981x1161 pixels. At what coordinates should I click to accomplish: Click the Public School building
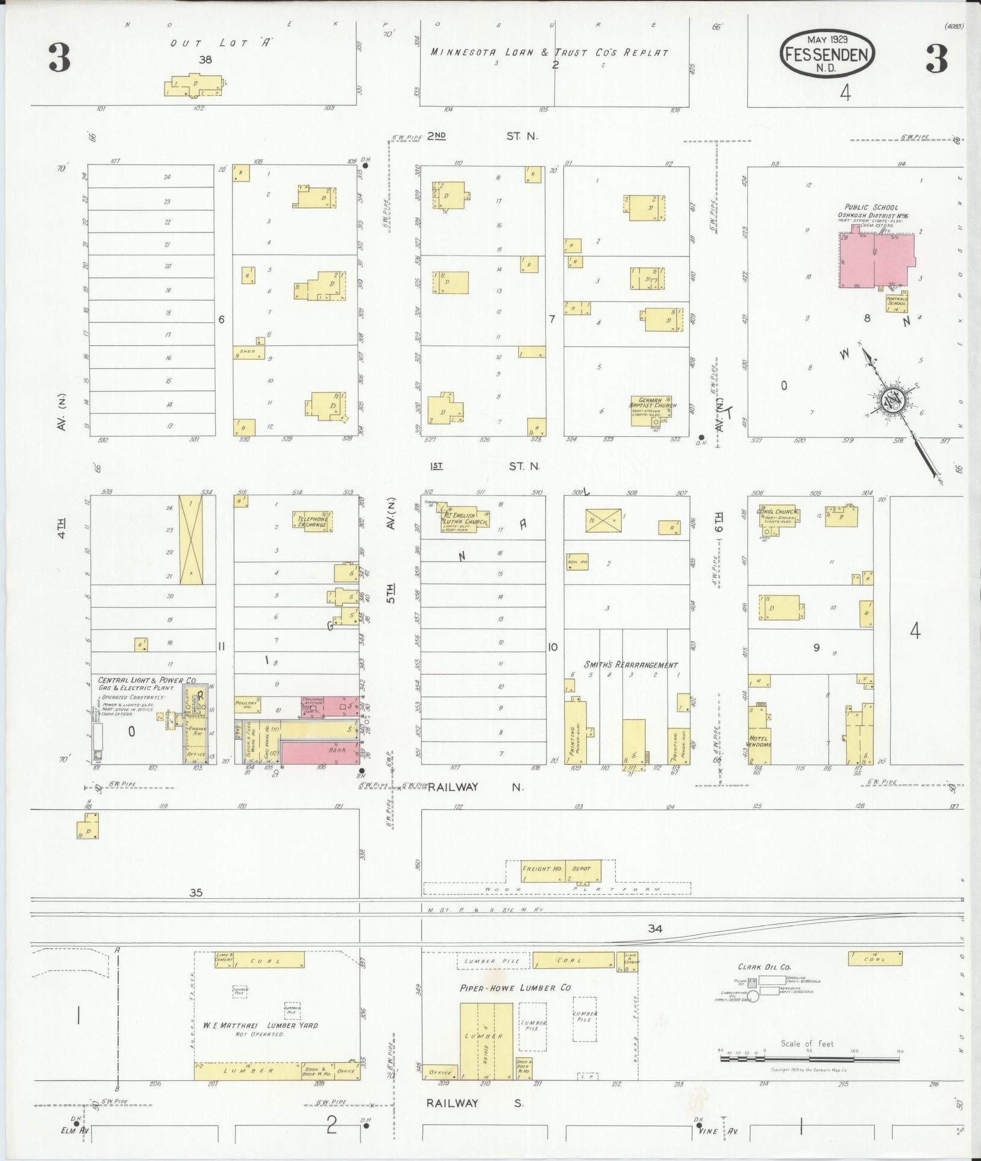pos(877,260)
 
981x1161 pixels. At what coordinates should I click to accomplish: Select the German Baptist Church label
pos(653,402)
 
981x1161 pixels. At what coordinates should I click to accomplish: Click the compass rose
pos(890,400)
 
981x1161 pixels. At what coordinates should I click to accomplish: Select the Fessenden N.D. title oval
pos(827,54)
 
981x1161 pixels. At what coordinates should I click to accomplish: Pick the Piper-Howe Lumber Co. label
pos(515,988)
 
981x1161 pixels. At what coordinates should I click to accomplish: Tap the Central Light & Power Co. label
pos(148,681)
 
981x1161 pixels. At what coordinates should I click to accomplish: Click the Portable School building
pos(896,302)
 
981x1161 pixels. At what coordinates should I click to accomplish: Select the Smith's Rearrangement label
pos(630,665)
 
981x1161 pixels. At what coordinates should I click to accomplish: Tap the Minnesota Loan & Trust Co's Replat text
pos(549,52)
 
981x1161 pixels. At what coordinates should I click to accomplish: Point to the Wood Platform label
pos(556,889)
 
